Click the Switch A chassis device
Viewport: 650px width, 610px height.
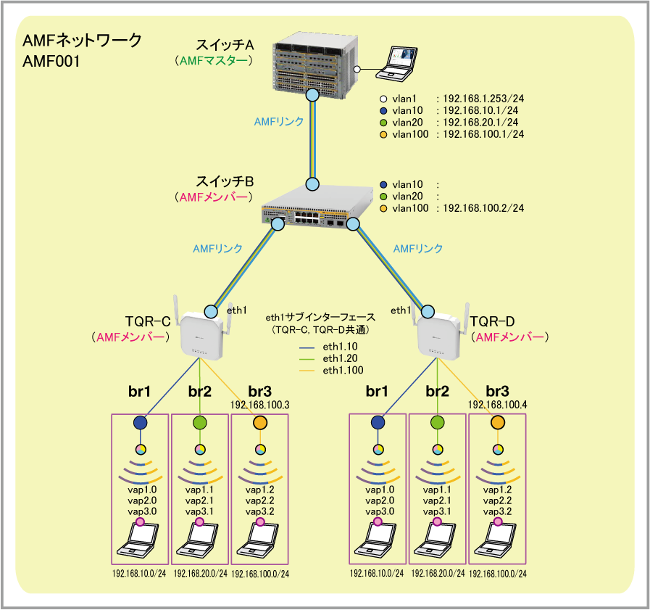click(x=314, y=65)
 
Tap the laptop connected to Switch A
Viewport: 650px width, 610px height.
click(x=396, y=63)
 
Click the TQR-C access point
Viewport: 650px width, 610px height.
click(x=202, y=335)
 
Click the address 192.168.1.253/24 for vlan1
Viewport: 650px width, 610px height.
click(x=483, y=99)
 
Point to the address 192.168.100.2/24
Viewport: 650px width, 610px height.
click(x=483, y=208)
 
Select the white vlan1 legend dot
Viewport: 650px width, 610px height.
click(x=383, y=99)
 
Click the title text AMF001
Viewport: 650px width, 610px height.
click(x=51, y=62)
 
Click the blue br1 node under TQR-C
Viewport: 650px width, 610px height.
click(x=140, y=423)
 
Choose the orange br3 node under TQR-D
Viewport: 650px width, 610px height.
click(x=497, y=423)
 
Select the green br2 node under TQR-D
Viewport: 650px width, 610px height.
click(x=438, y=423)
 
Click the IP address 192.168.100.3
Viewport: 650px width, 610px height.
click(x=259, y=405)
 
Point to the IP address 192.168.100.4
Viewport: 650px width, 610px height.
click(x=497, y=405)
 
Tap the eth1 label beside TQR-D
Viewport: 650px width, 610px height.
click(x=401, y=310)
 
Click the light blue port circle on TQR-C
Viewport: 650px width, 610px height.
click(x=211, y=311)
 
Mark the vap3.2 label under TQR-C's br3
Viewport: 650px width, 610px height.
click(x=260, y=511)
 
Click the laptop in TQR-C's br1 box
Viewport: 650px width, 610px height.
click(x=138, y=540)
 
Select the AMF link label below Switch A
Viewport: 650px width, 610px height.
click(x=278, y=122)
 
